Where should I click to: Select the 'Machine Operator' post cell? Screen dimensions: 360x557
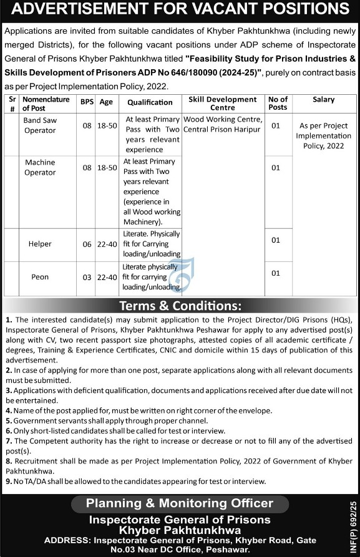(40, 167)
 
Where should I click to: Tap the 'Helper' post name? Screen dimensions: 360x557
(40, 244)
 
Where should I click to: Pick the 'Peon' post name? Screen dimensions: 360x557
(40, 275)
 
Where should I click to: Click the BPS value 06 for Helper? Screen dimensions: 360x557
(87, 244)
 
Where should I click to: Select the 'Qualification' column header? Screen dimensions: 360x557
(150, 103)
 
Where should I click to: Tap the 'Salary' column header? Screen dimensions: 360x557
(324, 99)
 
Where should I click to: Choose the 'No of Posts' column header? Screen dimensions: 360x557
(277, 103)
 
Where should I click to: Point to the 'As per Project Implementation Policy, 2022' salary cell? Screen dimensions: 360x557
(324, 135)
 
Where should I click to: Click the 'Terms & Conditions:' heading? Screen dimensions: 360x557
(180, 306)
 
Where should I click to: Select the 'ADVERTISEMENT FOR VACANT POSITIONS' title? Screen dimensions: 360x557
(180, 11)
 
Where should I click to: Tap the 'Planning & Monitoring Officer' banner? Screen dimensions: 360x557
(179, 503)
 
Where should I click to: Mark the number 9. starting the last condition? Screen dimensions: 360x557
(9, 481)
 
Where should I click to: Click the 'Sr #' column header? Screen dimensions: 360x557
(11, 103)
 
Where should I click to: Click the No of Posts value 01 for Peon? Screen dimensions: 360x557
(276, 273)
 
